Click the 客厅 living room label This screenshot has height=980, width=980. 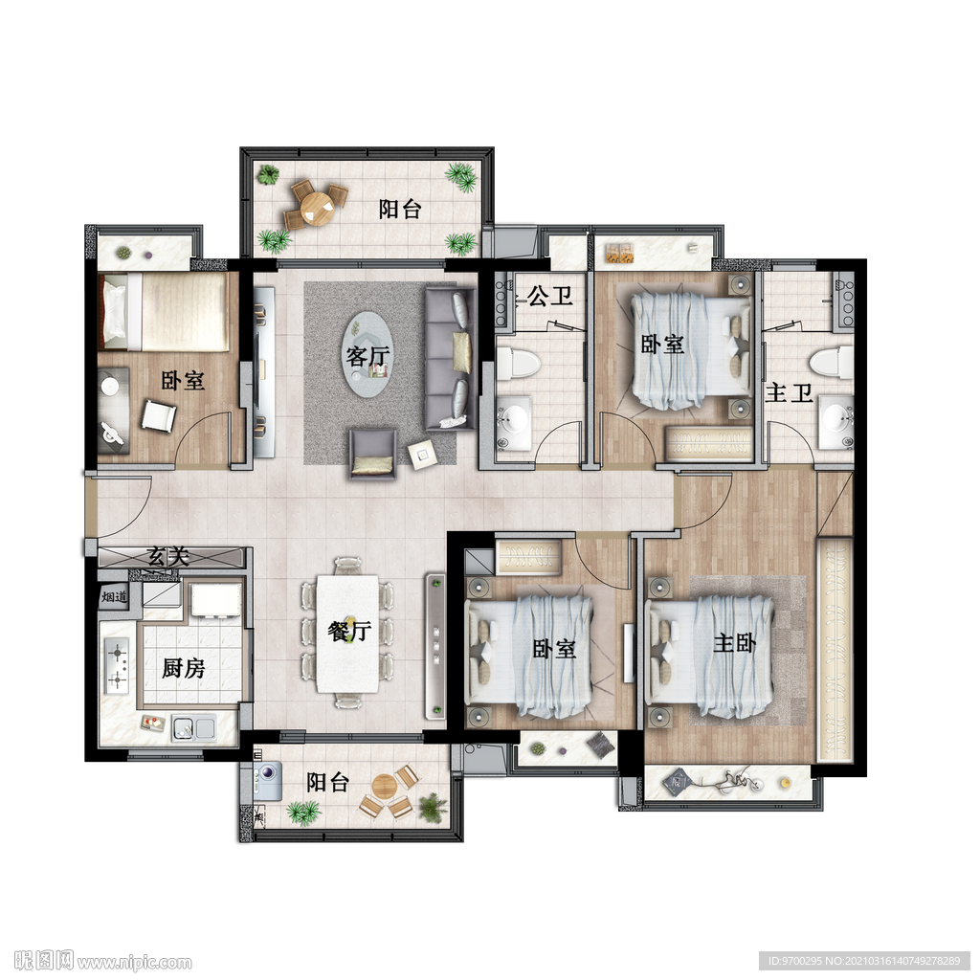pyautogui.click(x=368, y=356)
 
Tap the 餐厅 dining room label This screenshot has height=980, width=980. pyautogui.click(x=349, y=631)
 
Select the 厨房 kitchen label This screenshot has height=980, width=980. pyautogui.click(x=183, y=668)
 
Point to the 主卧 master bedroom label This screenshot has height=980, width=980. pyautogui.click(x=734, y=642)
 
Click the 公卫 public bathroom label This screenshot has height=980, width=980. pyautogui.click(x=550, y=296)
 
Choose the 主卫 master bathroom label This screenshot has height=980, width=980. pyautogui.click(x=789, y=393)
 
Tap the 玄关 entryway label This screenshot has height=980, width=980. pyautogui.click(x=168, y=556)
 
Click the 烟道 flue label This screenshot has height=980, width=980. pyautogui.click(x=114, y=597)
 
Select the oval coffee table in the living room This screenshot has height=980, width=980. pyautogui.click(x=368, y=354)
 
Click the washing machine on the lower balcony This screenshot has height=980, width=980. pyautogui.click(x=268, y=780)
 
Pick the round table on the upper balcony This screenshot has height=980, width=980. pyautogui.click(x=317, y=209)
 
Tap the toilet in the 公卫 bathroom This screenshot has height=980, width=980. pyautogui.click(x=518, y=363)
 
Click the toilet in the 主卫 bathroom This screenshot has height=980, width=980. pyautogui.click(x=832, y=363)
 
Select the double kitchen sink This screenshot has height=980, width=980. pyautogui.click(x=193, y=727)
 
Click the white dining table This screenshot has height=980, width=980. pyautogui.click(x=347, y=634)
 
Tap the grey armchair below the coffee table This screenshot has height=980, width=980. pyautogui.click(x=372, y=453)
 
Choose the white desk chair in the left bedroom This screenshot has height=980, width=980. pyautogui.click(x=158, y=416)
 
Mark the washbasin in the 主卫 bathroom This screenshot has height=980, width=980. pyautogui.click(x=836, y=421)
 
